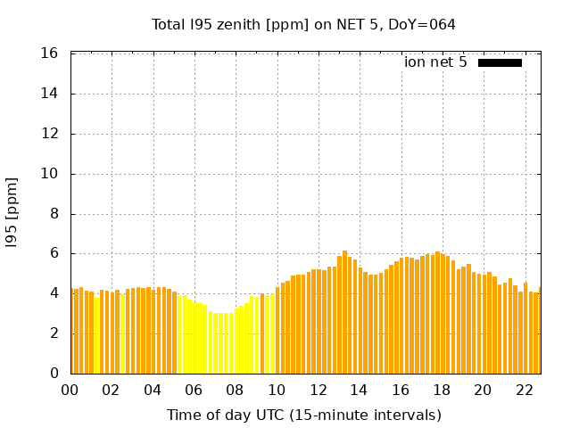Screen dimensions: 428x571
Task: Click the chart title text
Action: (303, 24)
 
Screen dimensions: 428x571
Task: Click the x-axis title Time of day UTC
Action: (303, 415)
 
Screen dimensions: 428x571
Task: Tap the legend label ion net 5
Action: (435, 62)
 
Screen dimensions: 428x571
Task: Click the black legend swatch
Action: (500, 62)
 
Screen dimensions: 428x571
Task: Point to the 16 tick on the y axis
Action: (51, 53)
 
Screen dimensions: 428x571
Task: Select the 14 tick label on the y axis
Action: (51, 94)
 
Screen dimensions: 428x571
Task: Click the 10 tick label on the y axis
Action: (51, 174)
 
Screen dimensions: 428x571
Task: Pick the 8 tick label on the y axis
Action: (55, 214)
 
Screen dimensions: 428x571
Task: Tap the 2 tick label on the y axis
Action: (55, 333)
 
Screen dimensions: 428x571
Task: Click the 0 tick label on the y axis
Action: (55, 374)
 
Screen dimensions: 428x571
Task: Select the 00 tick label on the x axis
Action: (70, 390)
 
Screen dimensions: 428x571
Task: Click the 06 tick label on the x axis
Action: (194, 390)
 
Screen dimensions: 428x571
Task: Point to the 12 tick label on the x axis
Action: (318, 390)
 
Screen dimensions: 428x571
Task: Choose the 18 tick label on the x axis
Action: (441, 390)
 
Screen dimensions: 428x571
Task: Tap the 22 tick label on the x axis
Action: (524, 390)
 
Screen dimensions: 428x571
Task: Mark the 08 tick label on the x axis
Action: (236, 390)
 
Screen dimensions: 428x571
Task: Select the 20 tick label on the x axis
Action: (483, 390)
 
